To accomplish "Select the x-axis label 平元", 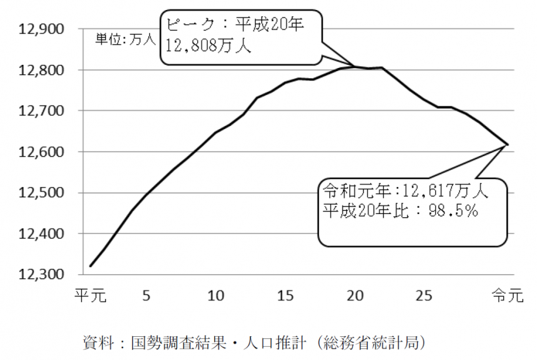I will pos(90,294).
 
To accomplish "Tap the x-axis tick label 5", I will pos(146,294).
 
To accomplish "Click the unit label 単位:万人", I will pos(125,40).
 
